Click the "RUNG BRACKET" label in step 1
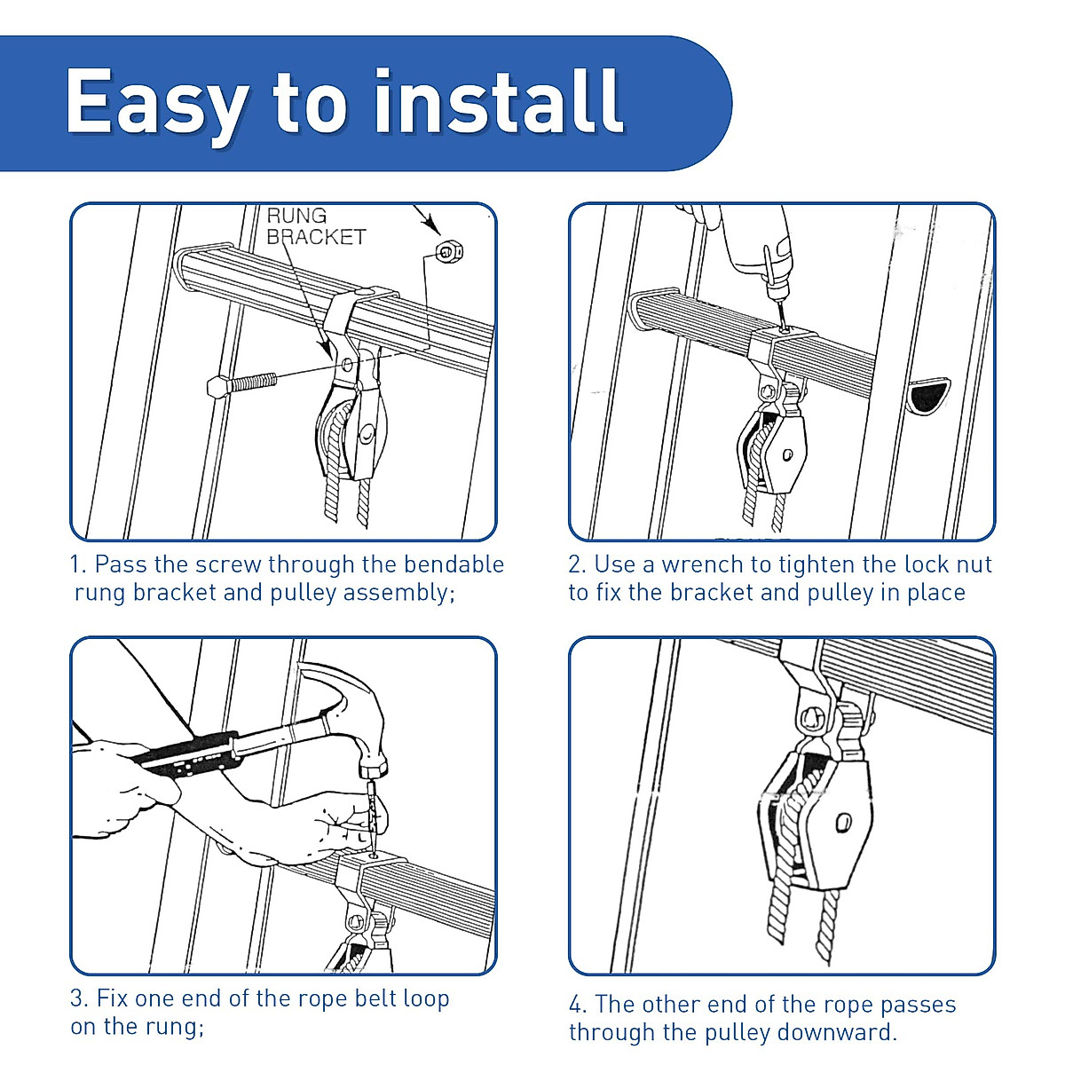tap(316, 226)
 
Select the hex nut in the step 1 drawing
tap(449, 253)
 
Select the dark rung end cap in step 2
tap(929, 395)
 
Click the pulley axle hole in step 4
tap(843, 821)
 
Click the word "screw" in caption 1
tap(228, 564)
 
